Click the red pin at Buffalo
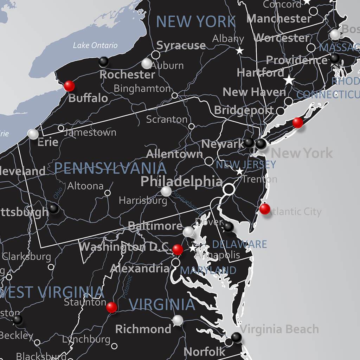pos(69,85)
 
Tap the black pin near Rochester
pos(103,62)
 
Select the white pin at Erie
pos(33,134)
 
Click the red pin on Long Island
pos(297,122)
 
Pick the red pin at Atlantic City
pos(265,209)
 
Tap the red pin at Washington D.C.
pos(178,250)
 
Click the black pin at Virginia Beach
pos(237,337)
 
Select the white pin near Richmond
pos(178,320)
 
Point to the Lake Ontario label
pos(95,45)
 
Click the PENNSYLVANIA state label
pos(110,169)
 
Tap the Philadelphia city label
pos(181,181)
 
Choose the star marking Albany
pos(240,51)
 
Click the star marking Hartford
pos(289,80)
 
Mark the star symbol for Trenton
pos(240,172)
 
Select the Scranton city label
pos(167,119)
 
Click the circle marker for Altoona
pos(108,193)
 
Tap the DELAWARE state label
pos(239,244)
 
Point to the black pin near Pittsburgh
pos(53,208)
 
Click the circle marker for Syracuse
pos(155,55)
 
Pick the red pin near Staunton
pos(111,307)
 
